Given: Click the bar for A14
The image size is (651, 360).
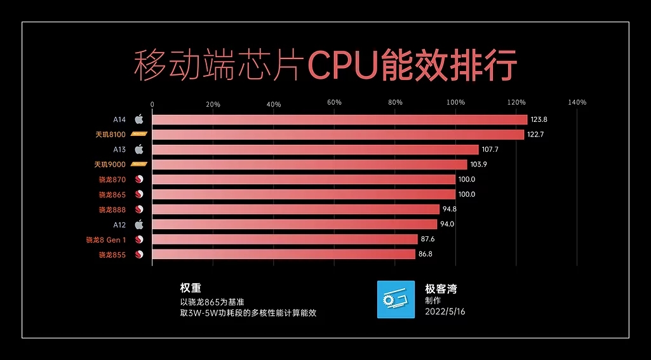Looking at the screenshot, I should point(340,119).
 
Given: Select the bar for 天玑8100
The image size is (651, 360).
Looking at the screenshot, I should point(338,135).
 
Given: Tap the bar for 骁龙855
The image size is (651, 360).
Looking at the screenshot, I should point(284,255).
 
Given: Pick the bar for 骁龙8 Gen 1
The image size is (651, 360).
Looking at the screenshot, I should point(285,239).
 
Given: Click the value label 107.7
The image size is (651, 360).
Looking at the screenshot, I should point(490,150).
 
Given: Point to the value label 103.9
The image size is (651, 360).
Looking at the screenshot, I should point(479,164).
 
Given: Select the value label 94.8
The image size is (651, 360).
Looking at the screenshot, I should point(450,210).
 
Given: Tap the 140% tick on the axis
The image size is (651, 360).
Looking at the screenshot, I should point(577,103).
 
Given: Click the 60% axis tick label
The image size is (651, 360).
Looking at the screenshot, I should point(334,103).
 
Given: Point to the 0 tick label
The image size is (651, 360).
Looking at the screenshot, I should point(152,103).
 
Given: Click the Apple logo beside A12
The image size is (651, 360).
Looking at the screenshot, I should point(139,224).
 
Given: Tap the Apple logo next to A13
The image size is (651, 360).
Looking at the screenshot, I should point(139,149).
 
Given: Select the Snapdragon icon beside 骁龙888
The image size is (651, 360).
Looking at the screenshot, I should point(139,210).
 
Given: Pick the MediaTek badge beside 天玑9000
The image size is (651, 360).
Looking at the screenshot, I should point(138,164).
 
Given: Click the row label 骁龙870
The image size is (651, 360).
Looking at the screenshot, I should point(112,180).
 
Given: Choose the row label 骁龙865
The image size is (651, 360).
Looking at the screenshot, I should point(112,195).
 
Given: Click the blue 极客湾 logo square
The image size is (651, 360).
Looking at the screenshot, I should point(396,300).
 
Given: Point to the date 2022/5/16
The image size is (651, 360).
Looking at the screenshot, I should point(445,312).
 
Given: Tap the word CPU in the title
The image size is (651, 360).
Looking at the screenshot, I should point(342,65).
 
